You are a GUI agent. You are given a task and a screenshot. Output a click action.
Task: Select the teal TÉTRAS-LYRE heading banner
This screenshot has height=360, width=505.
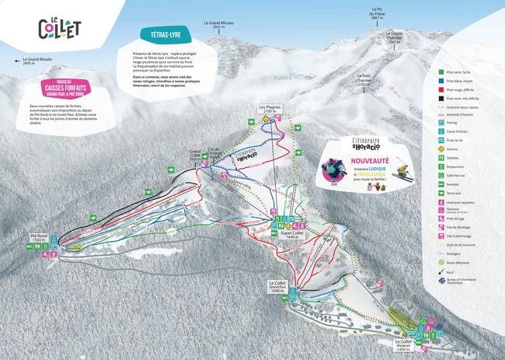coord(162,35)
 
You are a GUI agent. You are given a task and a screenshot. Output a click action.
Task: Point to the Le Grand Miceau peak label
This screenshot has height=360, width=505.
coord(218,24)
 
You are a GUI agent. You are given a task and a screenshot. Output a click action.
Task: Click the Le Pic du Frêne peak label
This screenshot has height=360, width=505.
coord(377,14)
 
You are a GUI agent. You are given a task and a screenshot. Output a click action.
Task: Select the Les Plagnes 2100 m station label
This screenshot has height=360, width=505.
coord(270,110)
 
